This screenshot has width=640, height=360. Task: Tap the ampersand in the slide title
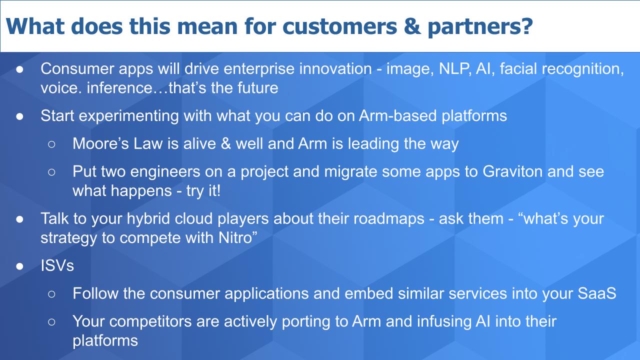412,26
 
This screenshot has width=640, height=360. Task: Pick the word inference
120,87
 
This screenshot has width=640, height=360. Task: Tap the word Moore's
101,143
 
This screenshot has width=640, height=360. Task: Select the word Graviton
512,171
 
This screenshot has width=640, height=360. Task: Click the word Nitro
235,237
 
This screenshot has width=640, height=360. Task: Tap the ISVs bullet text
57,265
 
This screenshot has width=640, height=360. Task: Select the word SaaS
597,293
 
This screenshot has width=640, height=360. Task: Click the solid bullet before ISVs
19,266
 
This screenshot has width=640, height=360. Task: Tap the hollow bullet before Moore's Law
51,144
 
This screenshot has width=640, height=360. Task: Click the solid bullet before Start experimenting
19,116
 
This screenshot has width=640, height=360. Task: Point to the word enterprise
259,69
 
